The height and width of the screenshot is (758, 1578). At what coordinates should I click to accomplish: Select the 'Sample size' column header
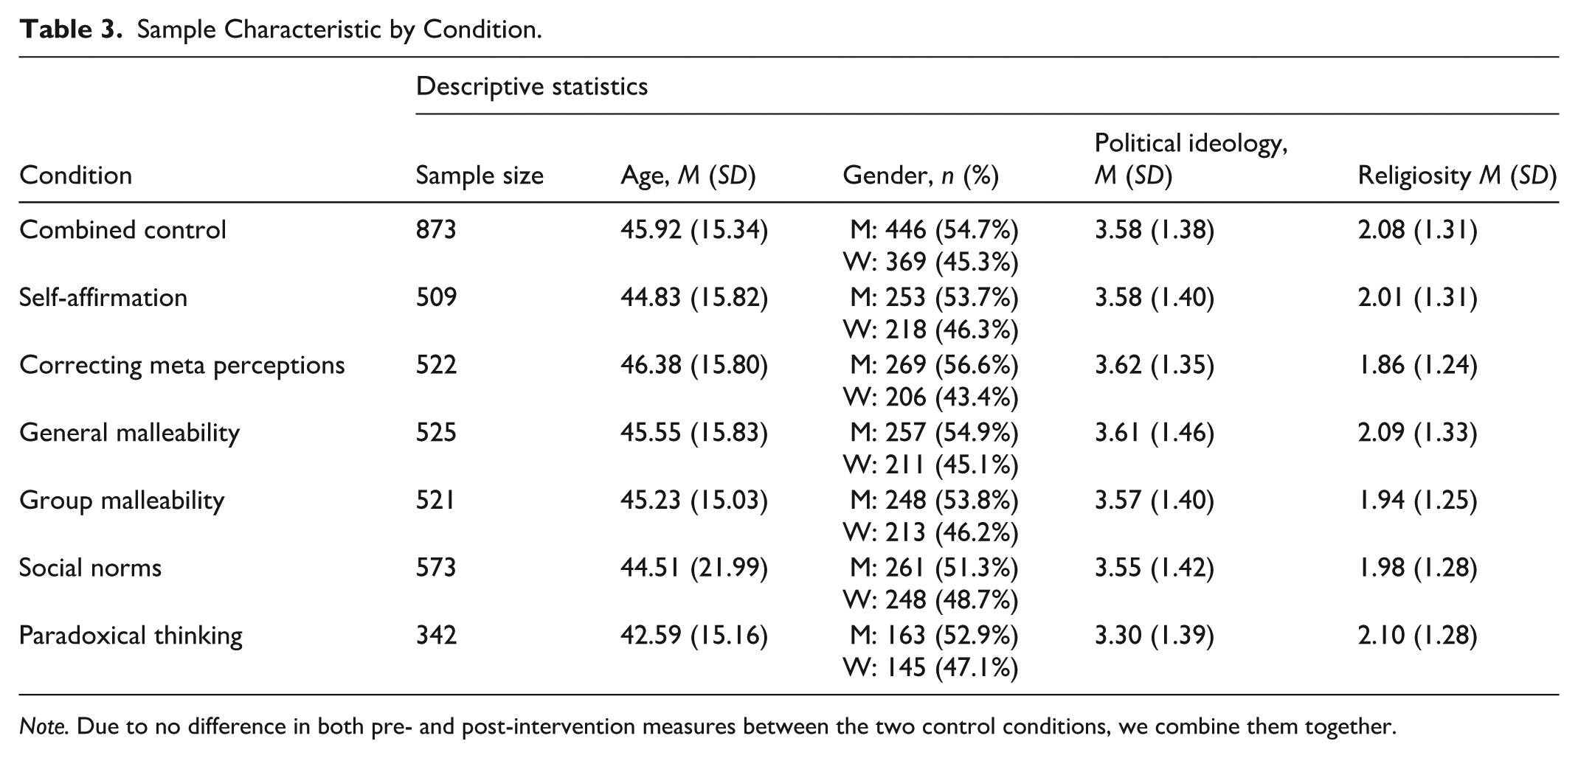[x=480, y=175]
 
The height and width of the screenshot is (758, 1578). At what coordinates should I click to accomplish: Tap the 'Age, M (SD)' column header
[x=688, y=175]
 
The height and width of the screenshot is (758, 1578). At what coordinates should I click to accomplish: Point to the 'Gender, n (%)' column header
[x=921, y=175]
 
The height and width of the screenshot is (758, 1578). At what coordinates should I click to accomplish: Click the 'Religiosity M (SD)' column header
[x=1457, y=175]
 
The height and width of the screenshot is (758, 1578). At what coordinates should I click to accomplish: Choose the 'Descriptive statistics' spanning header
[x=532, y=86]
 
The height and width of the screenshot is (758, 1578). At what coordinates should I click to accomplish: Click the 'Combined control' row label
[x=122, y=230]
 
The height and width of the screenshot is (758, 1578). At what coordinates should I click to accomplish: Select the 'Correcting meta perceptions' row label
[x=182, y=366]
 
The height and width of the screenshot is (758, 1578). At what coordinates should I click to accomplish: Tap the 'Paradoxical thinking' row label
[x=131, y=636]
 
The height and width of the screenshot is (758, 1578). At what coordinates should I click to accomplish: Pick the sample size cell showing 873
[x=436, y=230]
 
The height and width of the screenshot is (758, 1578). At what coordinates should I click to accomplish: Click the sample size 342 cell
[x=436, y=636]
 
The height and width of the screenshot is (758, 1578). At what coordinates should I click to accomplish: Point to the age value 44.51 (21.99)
[x=694, y=568]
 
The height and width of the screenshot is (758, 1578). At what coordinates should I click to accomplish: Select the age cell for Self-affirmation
[x=694, y=298]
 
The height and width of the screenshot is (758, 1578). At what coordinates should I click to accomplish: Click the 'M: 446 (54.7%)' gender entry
[x=934, y=231]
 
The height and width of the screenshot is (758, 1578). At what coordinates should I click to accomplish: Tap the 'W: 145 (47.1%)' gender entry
[x=931, y=668]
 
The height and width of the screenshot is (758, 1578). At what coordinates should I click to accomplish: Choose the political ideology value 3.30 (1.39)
[x=1155, y=636]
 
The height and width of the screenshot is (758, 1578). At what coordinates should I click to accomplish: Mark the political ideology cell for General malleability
[x=1155, y=433]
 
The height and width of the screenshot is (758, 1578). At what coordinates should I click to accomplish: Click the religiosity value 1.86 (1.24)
[x=1418, y=366]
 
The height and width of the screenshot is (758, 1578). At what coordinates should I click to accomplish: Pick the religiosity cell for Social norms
[x=1418, y=568]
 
